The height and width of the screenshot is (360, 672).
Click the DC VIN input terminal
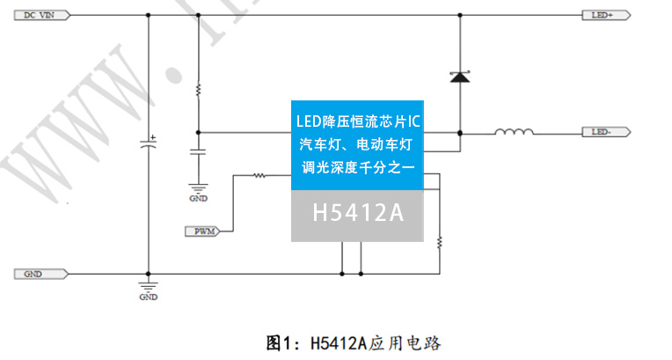39,15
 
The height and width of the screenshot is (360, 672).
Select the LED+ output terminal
605,15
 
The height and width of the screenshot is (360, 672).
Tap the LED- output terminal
605,133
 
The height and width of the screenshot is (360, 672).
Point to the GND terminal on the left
36,274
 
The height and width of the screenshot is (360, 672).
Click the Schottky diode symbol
458,77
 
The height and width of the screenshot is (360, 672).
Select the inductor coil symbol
514,133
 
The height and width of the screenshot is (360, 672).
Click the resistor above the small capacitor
198,90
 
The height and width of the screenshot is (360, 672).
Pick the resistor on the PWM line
259,175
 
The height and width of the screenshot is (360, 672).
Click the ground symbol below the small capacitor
198,187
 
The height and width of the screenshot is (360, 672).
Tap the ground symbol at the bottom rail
148,288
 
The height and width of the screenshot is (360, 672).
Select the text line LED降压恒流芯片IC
358,119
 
